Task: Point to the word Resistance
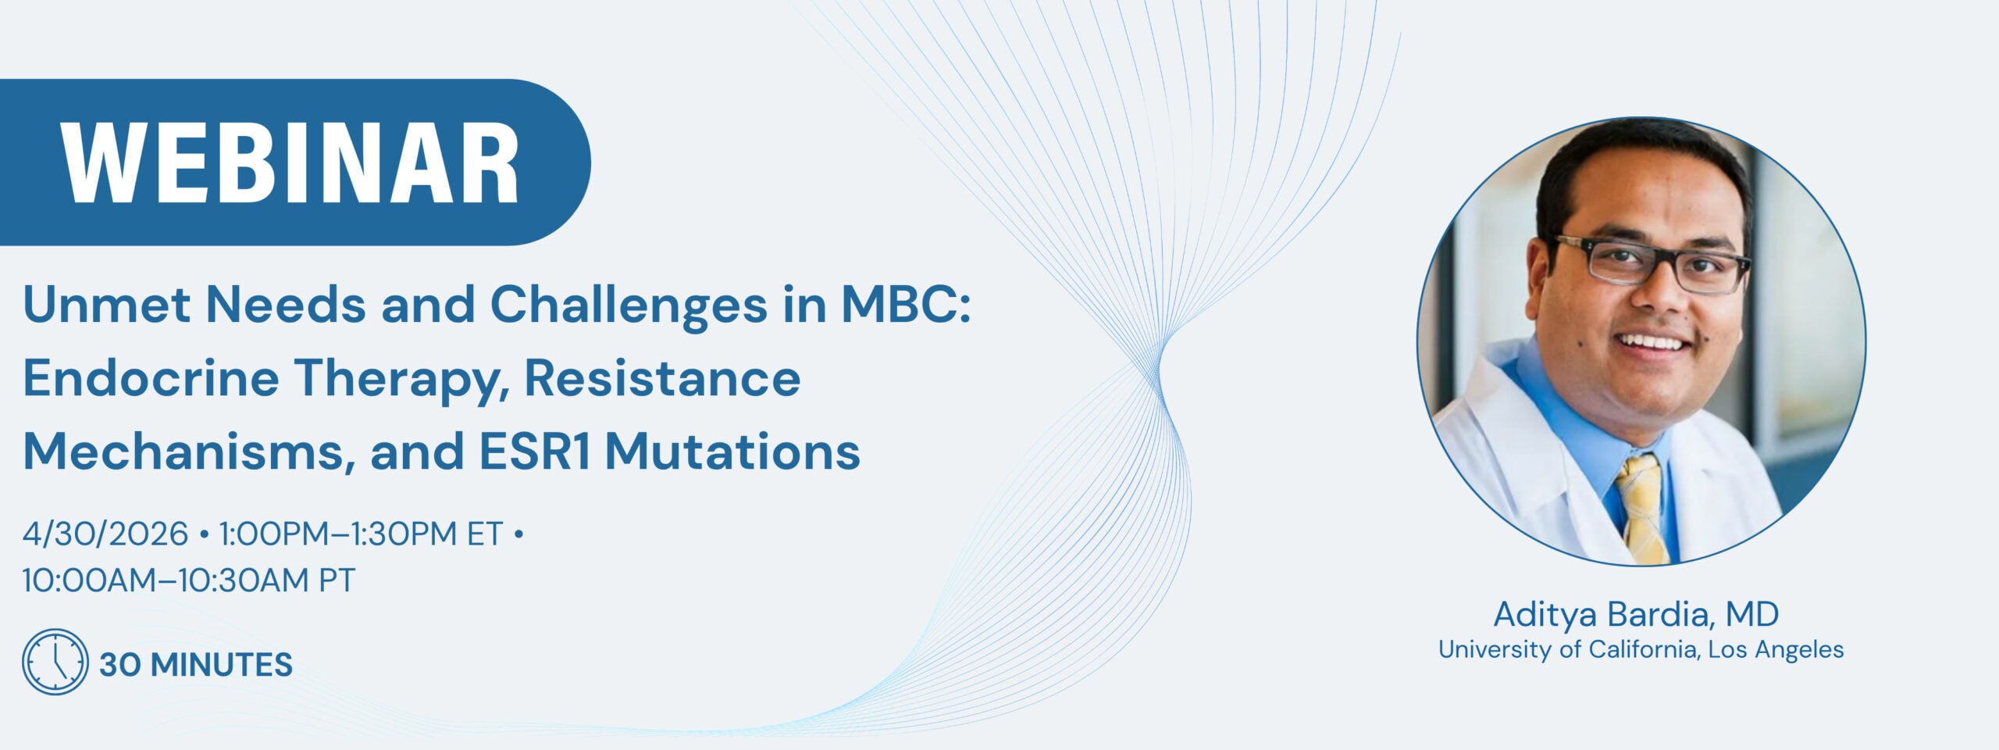662,378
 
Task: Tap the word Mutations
732,452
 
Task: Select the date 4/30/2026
105,534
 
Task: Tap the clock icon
55,662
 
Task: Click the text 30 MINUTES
196,665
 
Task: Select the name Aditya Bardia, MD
1637,614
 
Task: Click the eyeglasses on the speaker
1651,265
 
